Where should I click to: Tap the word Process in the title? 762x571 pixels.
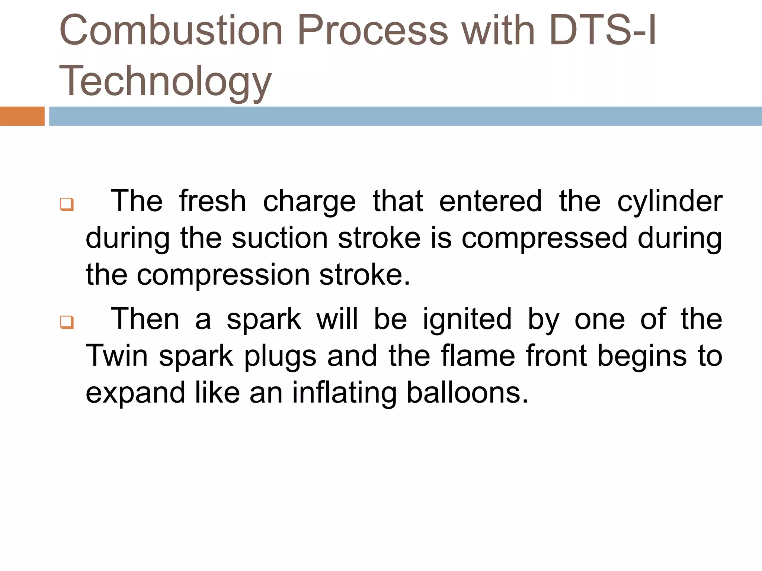pos(372,30)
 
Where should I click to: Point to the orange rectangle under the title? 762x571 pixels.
pos(22,116)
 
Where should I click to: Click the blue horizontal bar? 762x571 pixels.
pos(406,116)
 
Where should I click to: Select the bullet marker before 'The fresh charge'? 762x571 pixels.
pos(67,204)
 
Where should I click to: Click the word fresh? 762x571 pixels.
pos(212,201)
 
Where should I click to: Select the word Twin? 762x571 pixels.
pos(117,356)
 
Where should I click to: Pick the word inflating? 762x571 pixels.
pos(344,393)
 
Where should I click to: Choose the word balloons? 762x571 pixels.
pos(467,393)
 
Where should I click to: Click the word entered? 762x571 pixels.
pos(490,201)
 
